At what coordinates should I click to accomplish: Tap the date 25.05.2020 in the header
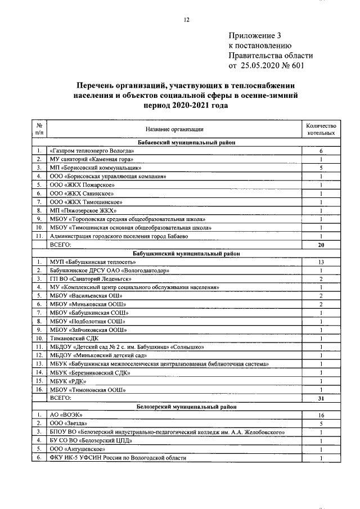pos(263,66)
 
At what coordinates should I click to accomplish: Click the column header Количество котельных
pos(321,129)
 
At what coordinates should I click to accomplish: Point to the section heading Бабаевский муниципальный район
pos(186,143)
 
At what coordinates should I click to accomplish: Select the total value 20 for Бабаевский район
pos(321,245)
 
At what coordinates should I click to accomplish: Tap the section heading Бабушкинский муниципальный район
pos(186,254)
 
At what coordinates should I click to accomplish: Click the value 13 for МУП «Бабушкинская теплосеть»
pos(321,262)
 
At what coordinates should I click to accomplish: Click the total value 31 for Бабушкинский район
pos(321,398)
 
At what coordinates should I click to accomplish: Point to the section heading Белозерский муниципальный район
pos(186,406)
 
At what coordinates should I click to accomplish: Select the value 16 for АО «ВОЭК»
pos(321,415)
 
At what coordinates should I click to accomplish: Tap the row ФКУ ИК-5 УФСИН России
pos(118,458)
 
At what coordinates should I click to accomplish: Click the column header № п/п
pos(38,129)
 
